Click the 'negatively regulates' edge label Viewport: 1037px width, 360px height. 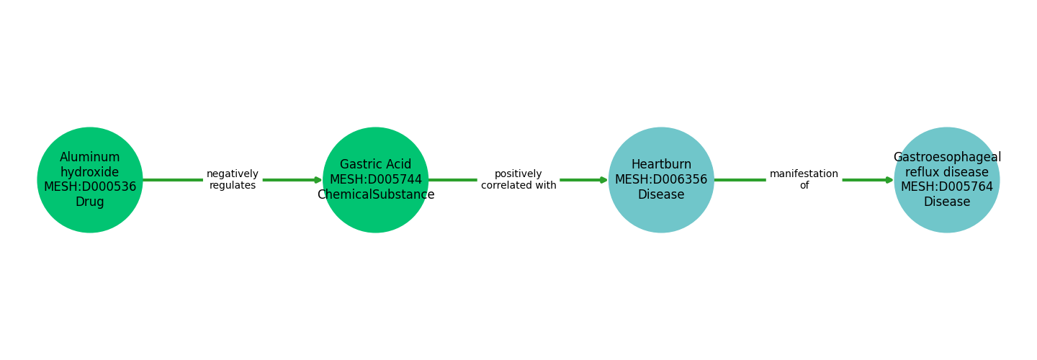coord(233,180)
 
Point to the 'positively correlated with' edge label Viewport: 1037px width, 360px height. coord(518,180)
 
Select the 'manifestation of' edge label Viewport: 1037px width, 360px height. coord(804,180)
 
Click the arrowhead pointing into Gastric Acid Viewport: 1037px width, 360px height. coord(318,180)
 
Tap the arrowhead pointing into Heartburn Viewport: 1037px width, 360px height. coord(603,180)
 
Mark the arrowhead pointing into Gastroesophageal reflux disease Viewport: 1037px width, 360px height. coord(889,180)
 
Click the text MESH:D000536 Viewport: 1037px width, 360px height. coord(90,187)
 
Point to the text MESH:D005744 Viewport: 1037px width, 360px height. coord(375,180)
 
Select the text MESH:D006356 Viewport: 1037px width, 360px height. coord(661,180)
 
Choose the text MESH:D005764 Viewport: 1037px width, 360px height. coord(946,187)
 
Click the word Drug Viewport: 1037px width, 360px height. coord(90,202)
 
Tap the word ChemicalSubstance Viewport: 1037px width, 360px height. coord(375,195)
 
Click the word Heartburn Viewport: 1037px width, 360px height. coord(661,165)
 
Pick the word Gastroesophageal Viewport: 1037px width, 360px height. coord(946,158)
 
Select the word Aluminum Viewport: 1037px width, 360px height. coord(90,158)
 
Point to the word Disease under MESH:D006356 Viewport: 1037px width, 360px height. coord(661,195)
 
